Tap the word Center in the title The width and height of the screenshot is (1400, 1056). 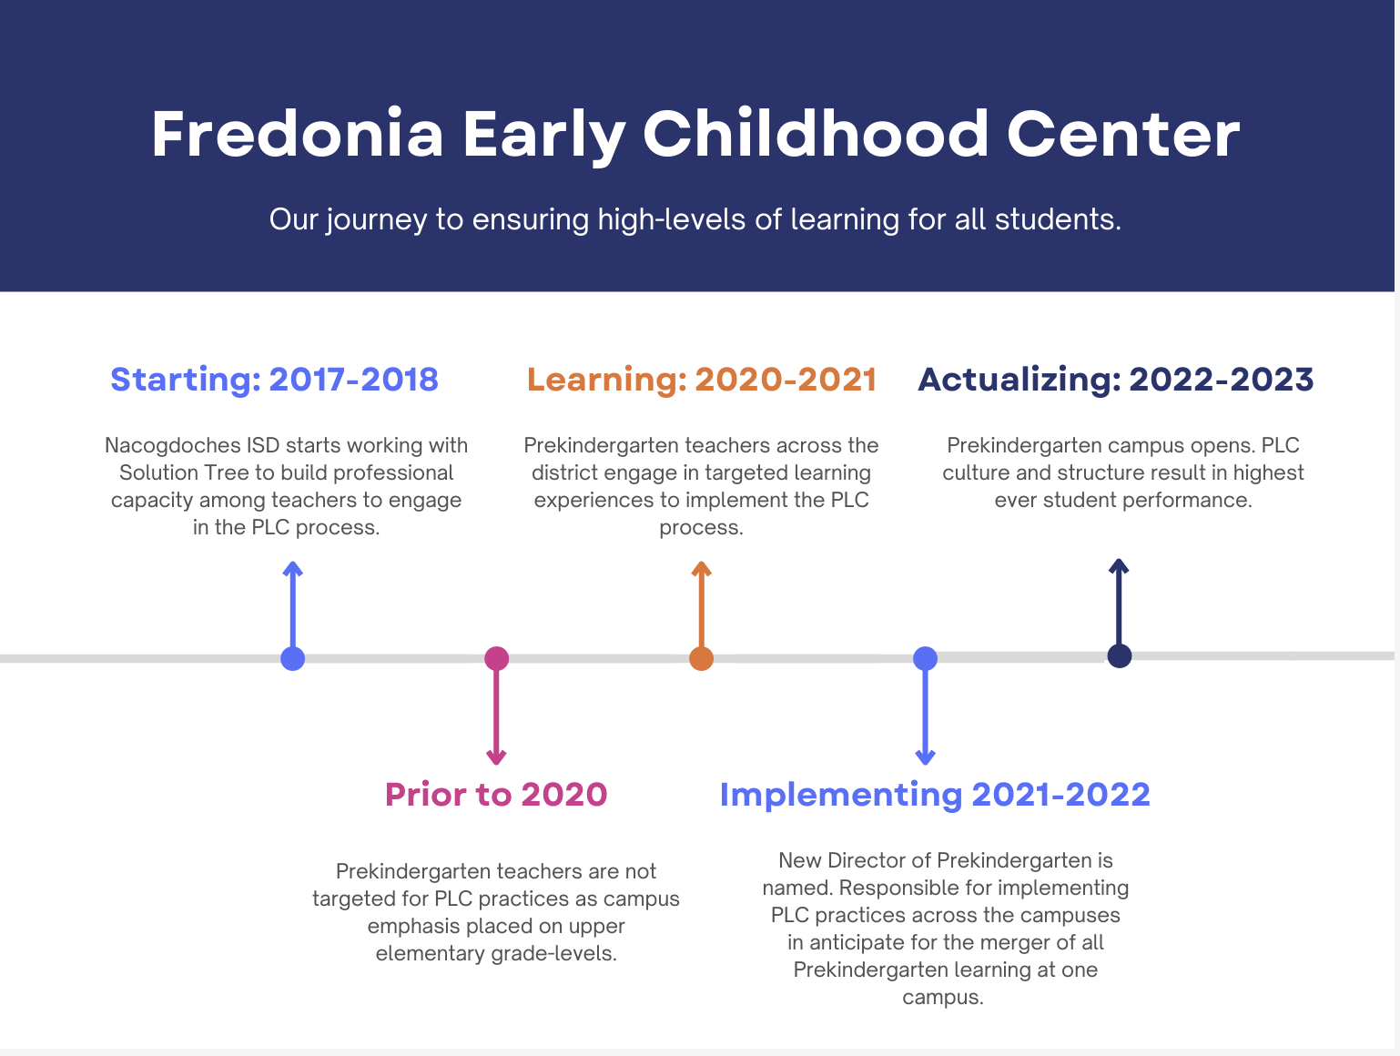point(1123,134)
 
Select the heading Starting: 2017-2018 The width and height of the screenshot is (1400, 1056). point(274,380)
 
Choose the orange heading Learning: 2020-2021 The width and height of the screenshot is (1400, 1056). point(702,380)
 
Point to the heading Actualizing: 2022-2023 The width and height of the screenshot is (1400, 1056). point(1115,380)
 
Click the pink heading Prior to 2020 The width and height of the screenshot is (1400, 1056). point(496,795)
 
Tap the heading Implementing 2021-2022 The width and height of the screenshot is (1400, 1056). point(935,796)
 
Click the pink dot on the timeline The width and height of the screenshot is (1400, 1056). point(496,659)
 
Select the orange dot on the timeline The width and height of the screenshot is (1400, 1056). point(702,659)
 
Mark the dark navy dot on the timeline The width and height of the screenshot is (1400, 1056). point(1120,655)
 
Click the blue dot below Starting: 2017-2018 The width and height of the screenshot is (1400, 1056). point(293,659)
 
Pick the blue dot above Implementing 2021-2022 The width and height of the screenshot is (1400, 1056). point(926,659)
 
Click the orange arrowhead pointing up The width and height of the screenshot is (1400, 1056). point(702,567)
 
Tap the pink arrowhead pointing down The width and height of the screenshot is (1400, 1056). point(496,757)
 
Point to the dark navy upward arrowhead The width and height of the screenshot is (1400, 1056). point(1120,565)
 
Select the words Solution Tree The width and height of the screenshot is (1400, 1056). point(184,472)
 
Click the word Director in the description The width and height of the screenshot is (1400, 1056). point(879,861)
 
